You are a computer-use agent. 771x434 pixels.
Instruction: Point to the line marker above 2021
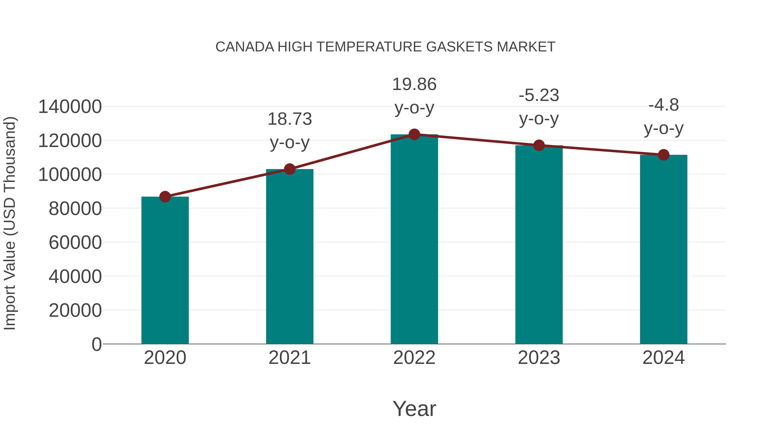click(289, 169)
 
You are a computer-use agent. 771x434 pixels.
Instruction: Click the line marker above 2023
click(539, 145)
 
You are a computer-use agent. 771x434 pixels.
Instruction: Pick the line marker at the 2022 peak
click(414, 134)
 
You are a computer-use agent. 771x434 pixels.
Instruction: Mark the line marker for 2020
click(165, 197)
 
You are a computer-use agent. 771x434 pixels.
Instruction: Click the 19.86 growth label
click(414, 84)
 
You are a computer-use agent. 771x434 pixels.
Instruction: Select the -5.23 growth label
click(539, 96)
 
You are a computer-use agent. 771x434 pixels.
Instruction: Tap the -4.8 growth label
click(663, 105)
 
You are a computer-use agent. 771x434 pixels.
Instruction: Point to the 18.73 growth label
click(289, 119)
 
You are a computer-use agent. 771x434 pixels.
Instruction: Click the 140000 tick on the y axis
click(70, 107)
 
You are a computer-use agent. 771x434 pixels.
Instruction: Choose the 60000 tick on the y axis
click(75, 243)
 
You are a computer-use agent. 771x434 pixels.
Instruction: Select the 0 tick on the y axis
click(97, 344)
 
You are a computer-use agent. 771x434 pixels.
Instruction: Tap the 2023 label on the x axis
click(539, 358)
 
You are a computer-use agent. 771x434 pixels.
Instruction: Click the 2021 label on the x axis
click(289, 358)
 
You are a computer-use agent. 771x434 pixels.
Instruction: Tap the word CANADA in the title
click(245, 47)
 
